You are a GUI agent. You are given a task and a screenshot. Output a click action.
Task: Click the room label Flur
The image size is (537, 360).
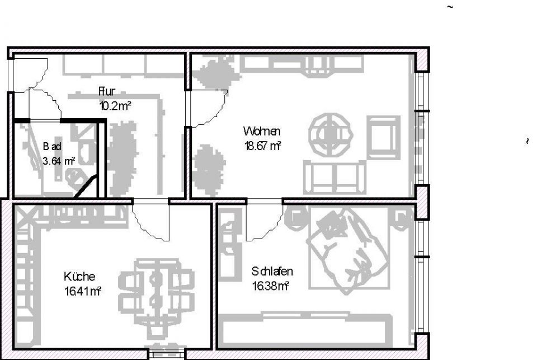[x=107, y=92]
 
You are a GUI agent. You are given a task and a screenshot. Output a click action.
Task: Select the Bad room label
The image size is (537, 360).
[x=52, y=147]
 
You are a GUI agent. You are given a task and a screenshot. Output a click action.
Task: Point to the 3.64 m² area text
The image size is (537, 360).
[x=59, y=161]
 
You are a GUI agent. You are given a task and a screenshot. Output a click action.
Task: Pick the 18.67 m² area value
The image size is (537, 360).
[x=262, y=146]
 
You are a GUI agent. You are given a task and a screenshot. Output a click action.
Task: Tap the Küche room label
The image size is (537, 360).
[x=79, y=277]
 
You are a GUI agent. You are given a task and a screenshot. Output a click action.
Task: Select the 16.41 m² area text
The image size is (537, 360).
[x=82, y=290]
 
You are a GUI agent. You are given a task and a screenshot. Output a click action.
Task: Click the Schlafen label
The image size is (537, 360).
[x=272, y=272]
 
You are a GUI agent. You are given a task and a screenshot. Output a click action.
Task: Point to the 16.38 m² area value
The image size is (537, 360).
[x=270, y=287]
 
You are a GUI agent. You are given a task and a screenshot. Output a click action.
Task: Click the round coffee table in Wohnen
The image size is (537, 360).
[x=331, y=134]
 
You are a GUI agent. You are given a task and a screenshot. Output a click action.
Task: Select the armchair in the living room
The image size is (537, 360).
[x=384, y=138]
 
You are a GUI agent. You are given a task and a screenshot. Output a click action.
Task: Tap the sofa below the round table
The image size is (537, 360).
[x=335, y=176]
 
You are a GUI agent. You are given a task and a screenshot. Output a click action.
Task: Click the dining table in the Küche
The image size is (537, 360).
[x=157, y=286]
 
